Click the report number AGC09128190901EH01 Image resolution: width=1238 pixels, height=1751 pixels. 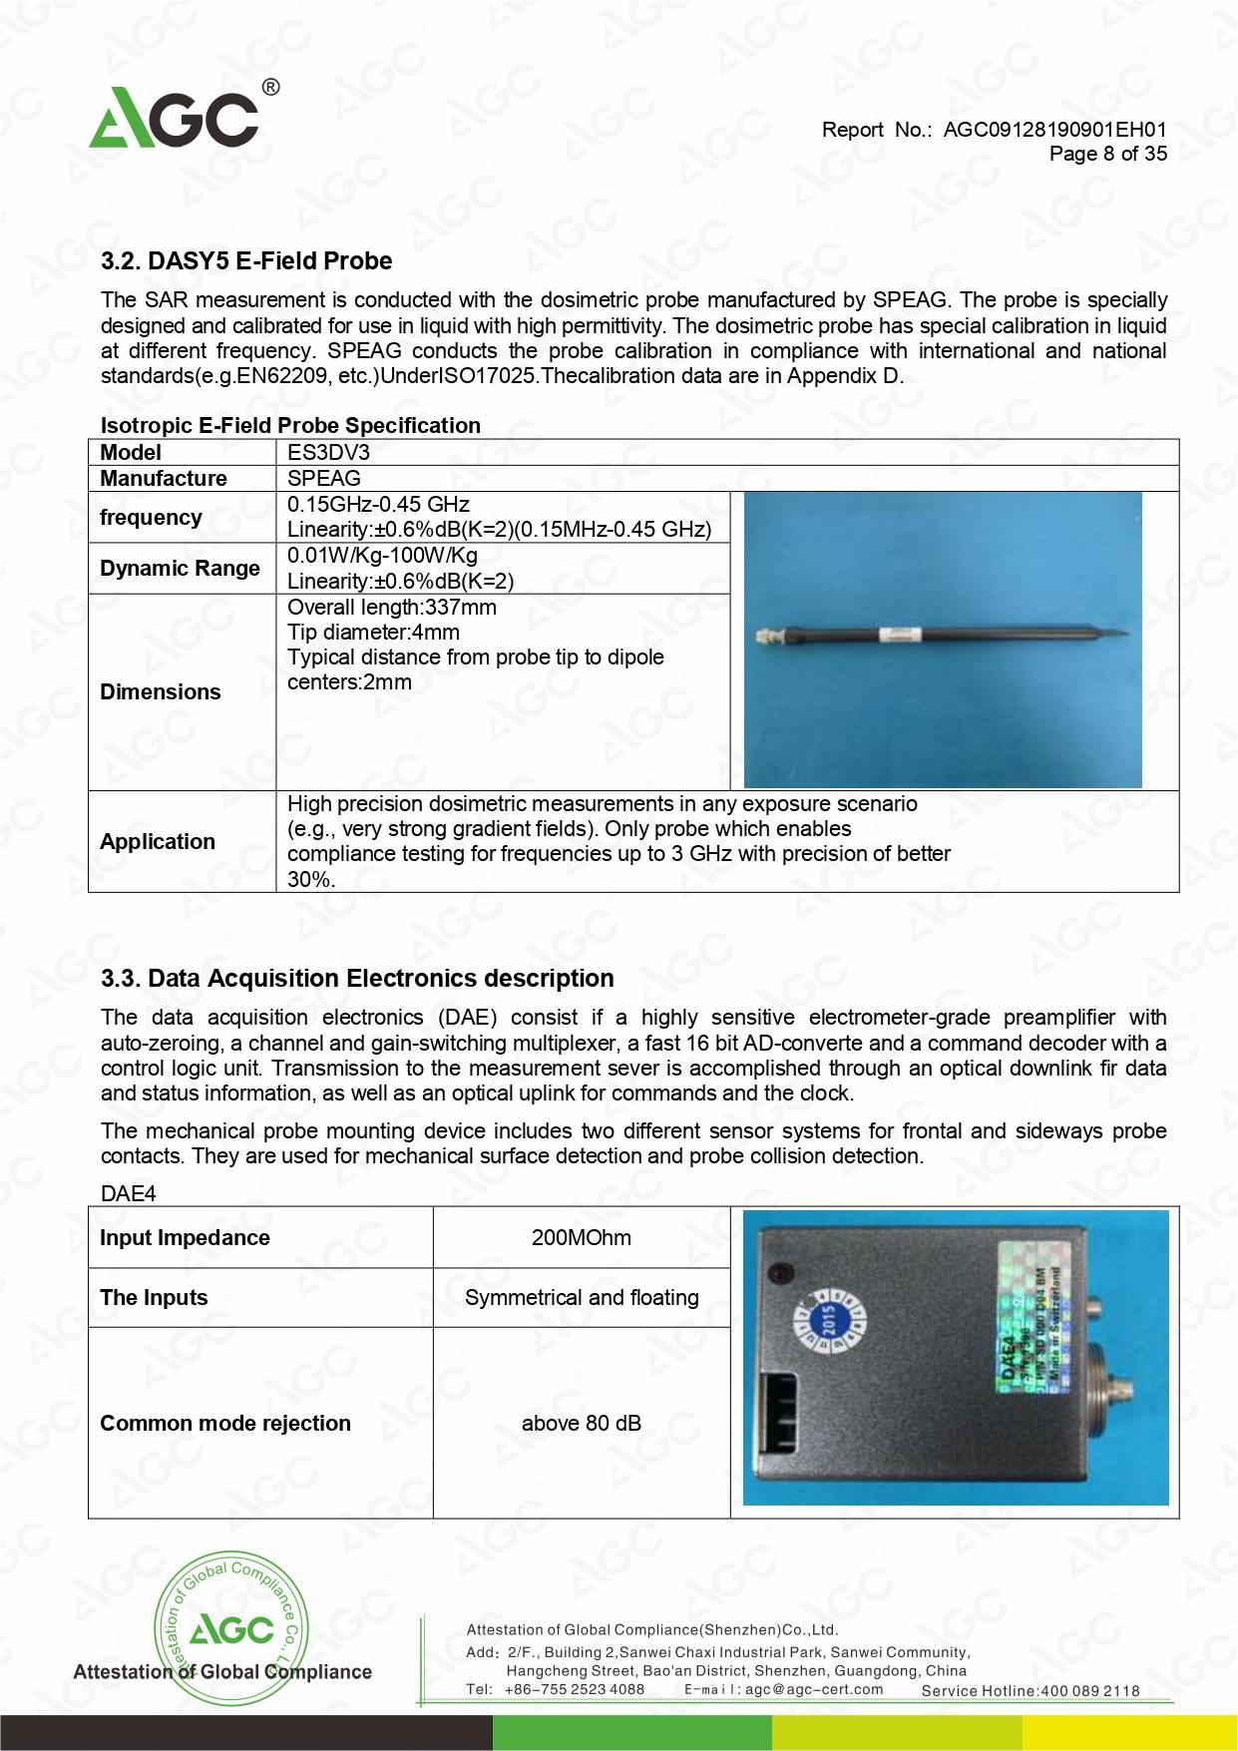point(1054,130)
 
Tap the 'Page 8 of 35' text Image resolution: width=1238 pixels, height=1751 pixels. point(1107,154)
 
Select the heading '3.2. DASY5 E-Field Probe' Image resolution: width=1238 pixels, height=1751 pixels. point(246,261)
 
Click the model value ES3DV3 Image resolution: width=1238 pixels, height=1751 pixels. point(328,452)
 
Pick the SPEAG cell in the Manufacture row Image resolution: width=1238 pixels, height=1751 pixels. point(324,478)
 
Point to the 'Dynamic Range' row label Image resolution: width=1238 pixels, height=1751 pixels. point(180,568)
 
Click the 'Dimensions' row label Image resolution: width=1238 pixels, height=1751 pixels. point(161,691)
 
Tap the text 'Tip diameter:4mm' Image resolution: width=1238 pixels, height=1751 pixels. point(373,633)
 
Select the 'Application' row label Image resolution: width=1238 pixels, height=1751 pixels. point(158,841)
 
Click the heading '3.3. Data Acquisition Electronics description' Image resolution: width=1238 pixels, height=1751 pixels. point(357,979)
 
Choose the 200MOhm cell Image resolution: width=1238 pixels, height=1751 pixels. point(581,1237)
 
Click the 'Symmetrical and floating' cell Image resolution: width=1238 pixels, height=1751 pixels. point(582,1297)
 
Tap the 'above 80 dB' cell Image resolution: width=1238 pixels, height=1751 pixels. point(581,1423)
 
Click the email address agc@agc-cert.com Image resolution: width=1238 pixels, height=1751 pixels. point(814,1690)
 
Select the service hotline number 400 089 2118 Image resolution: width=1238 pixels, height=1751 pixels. point(1089,1691)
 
